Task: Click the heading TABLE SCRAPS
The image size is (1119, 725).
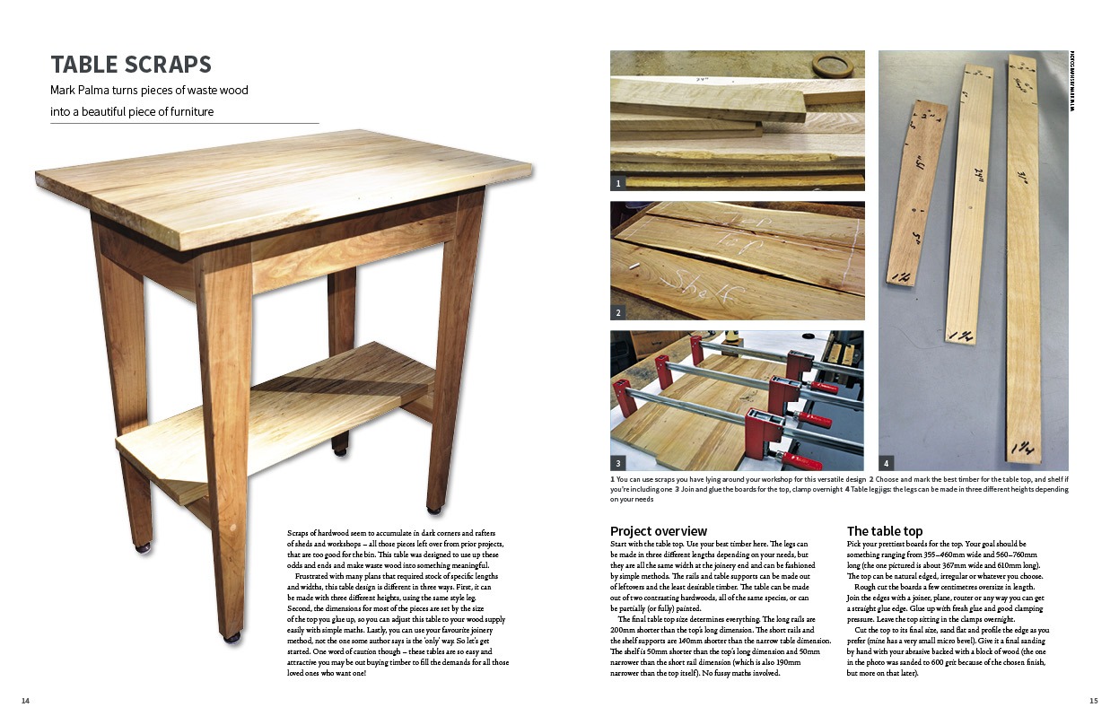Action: click(x=131, y=65)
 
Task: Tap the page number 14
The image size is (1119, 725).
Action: click(x=25, y=701)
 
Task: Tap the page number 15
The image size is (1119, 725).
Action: click(x=1093, y=701)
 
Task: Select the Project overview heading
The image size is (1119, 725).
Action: click(x=658, y=531)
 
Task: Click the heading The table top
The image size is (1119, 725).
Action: click(x=884, y=531)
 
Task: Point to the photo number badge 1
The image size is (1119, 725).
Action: click(x=618, y=183)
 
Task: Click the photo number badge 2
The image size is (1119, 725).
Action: click(x=618, y=313)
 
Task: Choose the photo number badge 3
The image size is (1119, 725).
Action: click(x=618, y=464)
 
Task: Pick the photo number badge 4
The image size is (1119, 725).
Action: click(x=886, y=464)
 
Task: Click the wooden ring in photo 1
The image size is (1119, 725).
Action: click(x=832, y=66)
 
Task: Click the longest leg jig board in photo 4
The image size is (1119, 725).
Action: click(x=1027, y=260)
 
